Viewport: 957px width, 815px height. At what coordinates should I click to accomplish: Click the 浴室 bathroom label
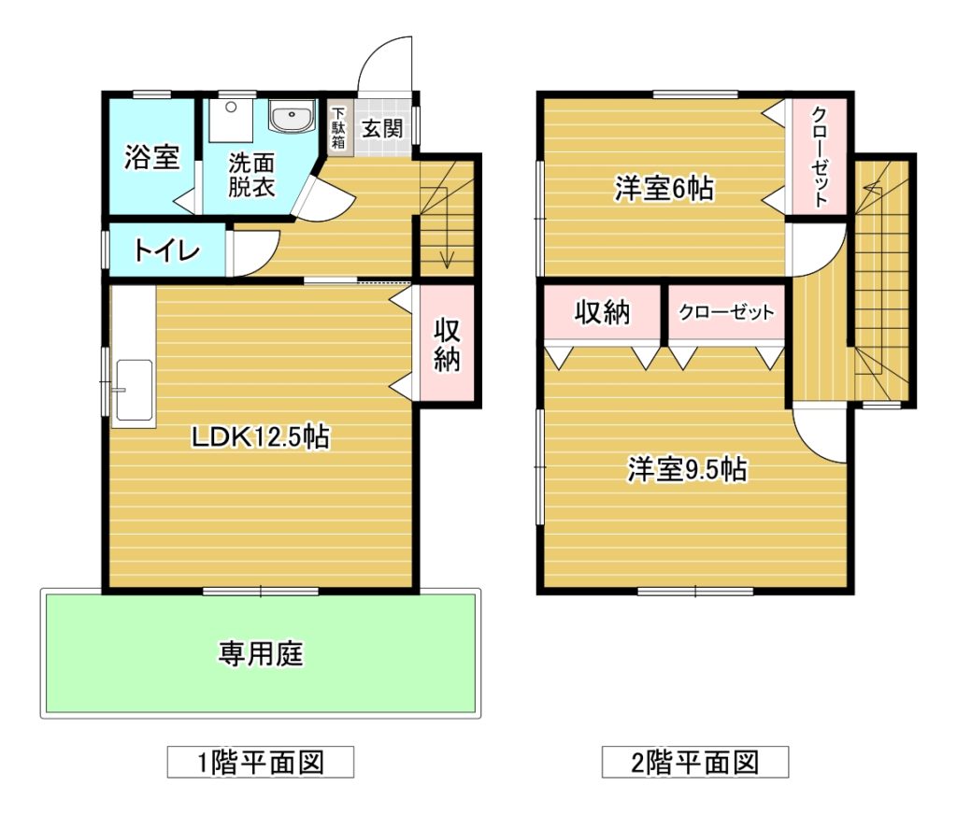tap(152, 157)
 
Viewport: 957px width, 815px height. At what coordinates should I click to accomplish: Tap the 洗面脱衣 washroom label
tap(251, 175)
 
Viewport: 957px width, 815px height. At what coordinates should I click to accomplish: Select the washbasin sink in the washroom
tap(293, 115)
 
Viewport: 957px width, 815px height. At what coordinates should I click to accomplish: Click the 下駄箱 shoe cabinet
tap(338, 128)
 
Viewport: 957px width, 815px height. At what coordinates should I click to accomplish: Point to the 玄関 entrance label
tap(382, 128)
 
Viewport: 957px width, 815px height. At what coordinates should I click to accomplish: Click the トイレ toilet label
tap(167, 250)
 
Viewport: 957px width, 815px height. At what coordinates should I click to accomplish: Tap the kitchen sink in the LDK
tap(135, 390)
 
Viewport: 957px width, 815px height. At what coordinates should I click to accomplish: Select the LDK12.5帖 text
tap(261, 437)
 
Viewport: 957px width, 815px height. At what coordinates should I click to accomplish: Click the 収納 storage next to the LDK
tap(447, 344)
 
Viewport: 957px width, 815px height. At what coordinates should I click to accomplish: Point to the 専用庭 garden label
tap(261, 654)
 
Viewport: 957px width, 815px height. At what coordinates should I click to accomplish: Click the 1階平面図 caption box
tap(261, 762)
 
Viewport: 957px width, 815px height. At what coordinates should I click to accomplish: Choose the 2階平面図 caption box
tap(695, 762)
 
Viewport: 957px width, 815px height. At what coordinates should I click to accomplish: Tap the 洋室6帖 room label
tap(664, 188)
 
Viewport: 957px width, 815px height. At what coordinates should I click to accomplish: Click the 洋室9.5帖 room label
tap(687, 469)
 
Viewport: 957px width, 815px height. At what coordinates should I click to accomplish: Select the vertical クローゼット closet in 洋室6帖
tap(819, 156)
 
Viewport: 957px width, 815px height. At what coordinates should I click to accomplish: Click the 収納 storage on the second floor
tap(603, 312)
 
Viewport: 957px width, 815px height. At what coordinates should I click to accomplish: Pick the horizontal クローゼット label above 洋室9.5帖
tap(726, 312)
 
